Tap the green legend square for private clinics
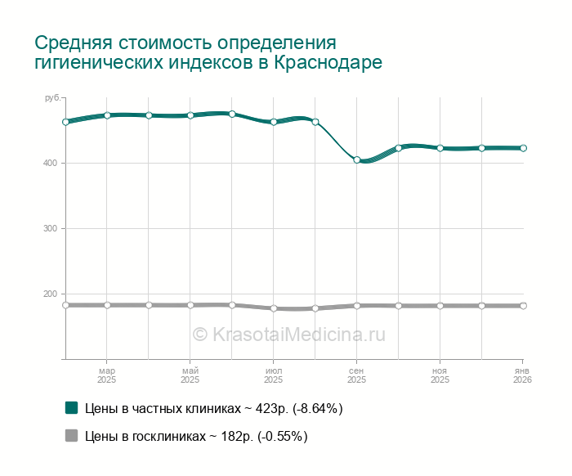click(x=71, y=407)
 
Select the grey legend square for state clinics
click(x=71, y=436)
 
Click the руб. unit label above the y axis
click(x=53, y=98)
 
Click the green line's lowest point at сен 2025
click(x=357, y=159)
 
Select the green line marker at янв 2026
click(x=523, y=148)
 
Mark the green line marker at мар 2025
click(x=107, y=115)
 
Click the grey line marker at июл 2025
click(x=274, y=308)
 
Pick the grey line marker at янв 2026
click(x=523, y=306)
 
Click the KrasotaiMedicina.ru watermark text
click(x=288, y=334)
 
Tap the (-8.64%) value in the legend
click(x=312, y=408)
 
